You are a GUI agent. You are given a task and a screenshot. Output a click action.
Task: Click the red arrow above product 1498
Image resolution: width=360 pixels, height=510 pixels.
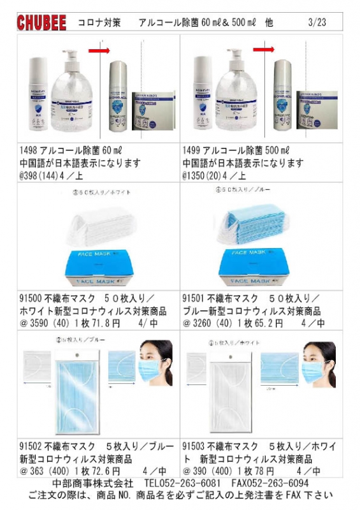[x=99, y=49]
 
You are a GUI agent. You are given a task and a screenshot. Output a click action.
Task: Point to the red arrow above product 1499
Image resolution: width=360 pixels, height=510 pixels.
[x=263, y=49]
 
